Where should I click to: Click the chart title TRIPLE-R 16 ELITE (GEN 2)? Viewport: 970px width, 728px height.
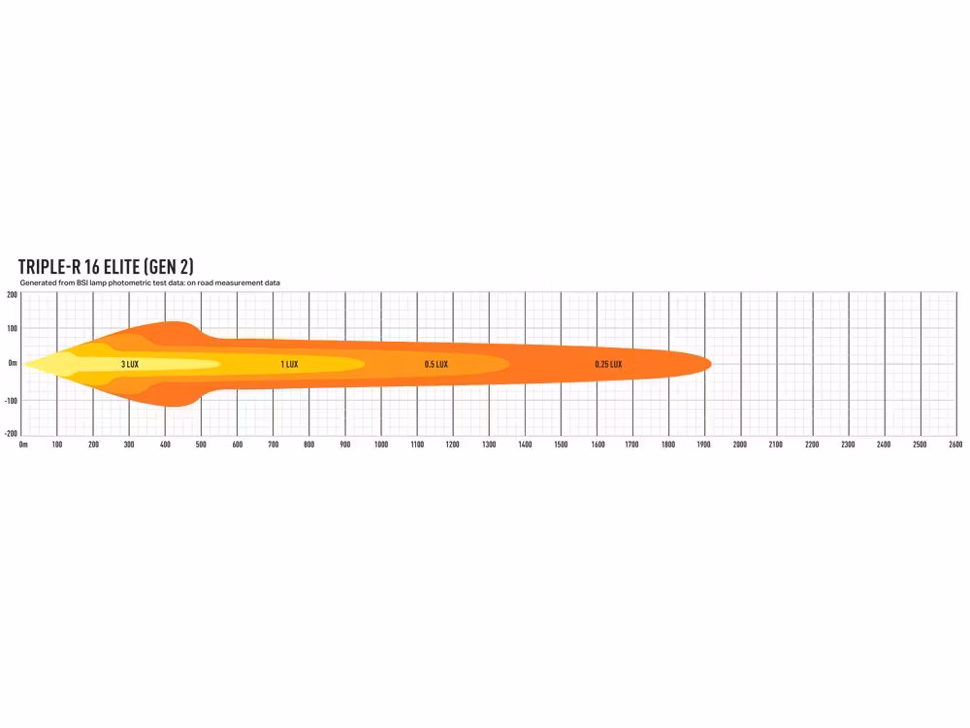click(106, 267)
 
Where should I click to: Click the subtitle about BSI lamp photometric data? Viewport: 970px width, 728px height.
click(149, 282)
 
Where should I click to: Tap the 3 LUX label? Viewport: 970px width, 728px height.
click(130, 364)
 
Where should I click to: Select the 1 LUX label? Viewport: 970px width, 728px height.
click(289, 364)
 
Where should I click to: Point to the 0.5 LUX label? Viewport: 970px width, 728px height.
click(436, 364)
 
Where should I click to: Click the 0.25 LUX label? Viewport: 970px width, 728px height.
click(609, 364)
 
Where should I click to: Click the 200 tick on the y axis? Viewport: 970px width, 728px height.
click(12, 295)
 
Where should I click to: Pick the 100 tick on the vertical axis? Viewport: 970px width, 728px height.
click(12, 328)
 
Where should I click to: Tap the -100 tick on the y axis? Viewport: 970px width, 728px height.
click(11, 401)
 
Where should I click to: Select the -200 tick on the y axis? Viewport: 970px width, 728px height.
click(11, 433)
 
